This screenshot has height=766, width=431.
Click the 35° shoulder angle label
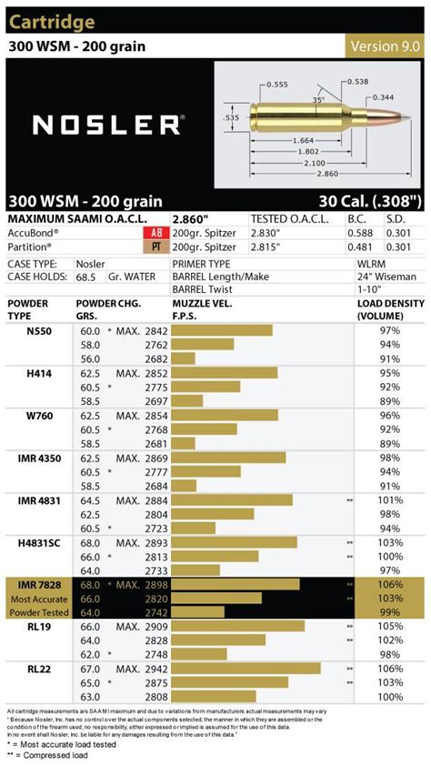click(x=318, y=100)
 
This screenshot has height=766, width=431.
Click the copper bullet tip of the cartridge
click(x=406, y=118)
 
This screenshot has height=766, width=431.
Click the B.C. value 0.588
click(x=360, y=233)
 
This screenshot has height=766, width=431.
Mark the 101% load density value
click(x=390, y=499)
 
